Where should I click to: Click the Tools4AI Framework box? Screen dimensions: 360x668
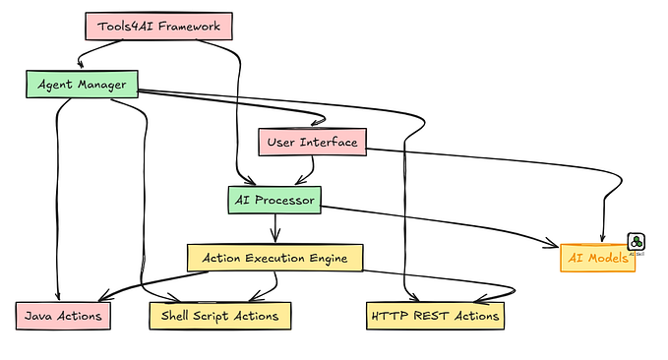158,27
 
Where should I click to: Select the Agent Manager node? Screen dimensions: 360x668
81,85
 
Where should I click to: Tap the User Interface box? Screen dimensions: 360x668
313,143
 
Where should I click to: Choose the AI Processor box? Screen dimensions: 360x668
274,200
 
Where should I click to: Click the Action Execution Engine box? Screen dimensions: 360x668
274,258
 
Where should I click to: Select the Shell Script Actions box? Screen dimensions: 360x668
219,315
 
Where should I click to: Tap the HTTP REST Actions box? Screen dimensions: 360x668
434,315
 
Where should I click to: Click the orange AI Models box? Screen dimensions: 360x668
596,258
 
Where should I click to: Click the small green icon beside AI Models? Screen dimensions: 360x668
637,241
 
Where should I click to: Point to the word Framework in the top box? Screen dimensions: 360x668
188,27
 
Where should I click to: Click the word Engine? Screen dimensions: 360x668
331,258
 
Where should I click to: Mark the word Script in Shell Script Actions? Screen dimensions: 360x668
219,315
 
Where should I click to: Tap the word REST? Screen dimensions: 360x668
431,315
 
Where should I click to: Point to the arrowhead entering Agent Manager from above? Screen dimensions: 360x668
81,66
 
